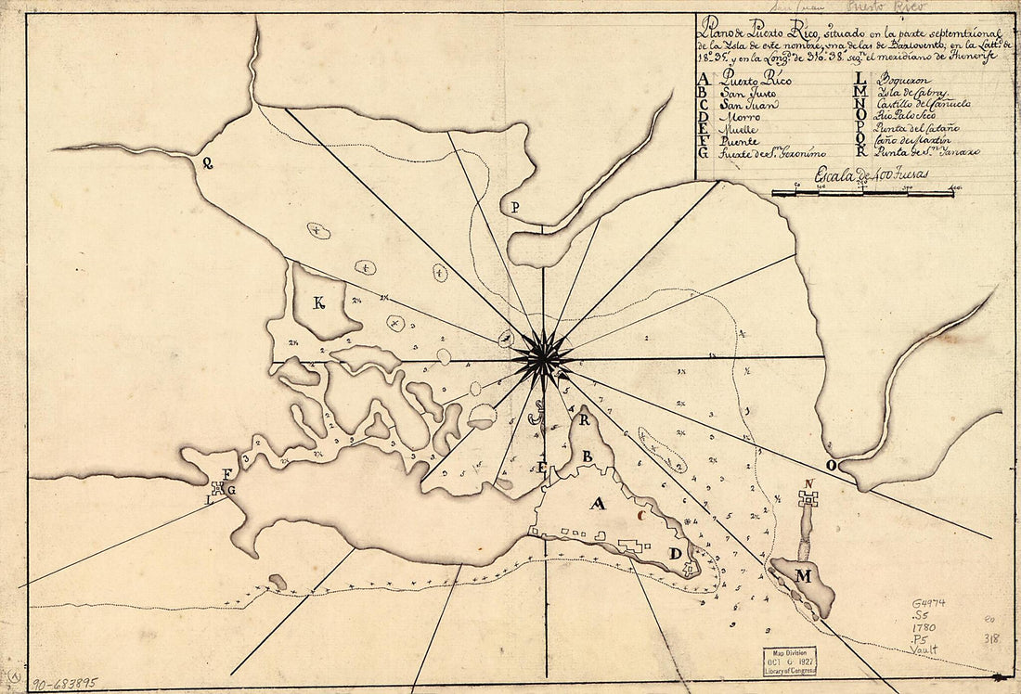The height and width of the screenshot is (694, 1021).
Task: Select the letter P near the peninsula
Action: (x=514, y=208)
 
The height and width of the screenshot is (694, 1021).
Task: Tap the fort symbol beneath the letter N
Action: (x=808, y=499)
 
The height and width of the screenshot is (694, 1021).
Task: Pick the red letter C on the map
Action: (x=640, y=510)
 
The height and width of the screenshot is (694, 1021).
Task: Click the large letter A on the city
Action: (x=598, y=504)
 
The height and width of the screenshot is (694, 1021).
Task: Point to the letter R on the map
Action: (x=585, y=419)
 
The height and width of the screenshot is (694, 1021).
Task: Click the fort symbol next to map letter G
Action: (x=219, y=487)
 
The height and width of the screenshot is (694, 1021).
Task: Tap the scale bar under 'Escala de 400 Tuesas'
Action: (x=863, y=193)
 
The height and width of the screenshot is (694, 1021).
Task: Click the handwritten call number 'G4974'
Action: (x=928, y=603)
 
